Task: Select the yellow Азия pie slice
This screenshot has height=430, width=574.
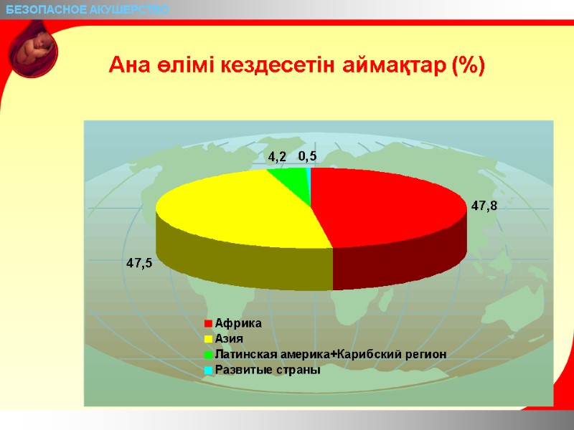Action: point(237,211)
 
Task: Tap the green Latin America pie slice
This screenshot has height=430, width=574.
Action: point(287,174)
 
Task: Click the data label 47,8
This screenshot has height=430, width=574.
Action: point(484,206)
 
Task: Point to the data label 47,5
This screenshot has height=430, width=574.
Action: point(139,263)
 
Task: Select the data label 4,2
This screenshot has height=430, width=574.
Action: point(277,156)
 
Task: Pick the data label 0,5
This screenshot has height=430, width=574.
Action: point(307,156)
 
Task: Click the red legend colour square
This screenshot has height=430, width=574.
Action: point(208,324)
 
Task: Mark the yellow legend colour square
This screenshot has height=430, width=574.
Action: point(208,340)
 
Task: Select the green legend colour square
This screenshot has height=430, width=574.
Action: point(208,355)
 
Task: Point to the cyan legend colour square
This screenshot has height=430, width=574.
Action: point(208,371)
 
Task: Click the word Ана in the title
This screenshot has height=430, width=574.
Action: point(127,66)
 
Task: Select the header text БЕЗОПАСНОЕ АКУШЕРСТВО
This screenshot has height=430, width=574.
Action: point(88,9)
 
